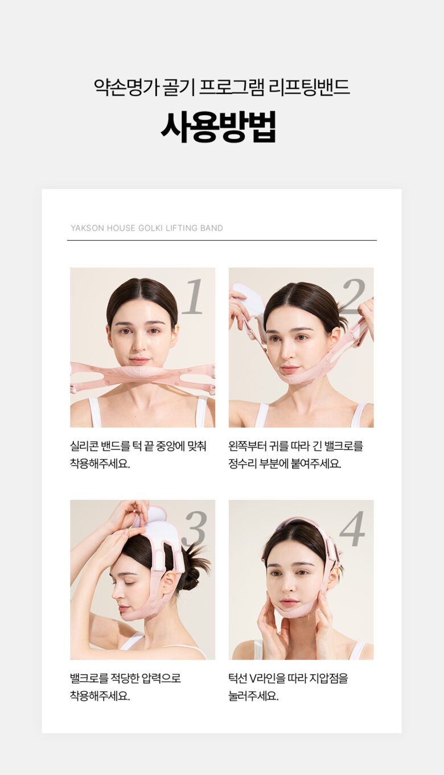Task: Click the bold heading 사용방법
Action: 219,127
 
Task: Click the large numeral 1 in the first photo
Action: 192,297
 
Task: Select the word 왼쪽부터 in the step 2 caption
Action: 245,446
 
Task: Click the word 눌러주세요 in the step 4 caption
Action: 253,696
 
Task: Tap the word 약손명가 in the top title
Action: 126,88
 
